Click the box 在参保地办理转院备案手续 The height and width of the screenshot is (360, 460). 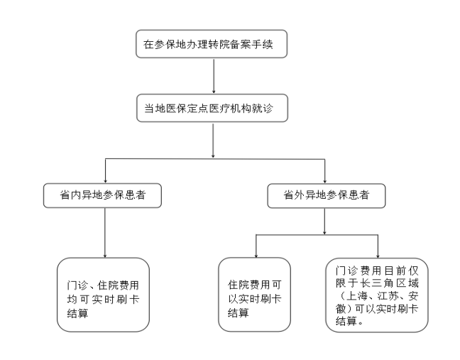[x=212, y=44]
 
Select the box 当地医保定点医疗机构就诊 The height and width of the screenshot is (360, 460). [x=212, y=108]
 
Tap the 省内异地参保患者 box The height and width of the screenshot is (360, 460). [x=102, y=196]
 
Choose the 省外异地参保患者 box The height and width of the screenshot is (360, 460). [x=327, y=196]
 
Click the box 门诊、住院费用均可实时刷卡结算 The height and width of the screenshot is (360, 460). [x=103, y=295]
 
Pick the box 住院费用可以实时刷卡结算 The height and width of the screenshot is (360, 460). [x=254, y=295]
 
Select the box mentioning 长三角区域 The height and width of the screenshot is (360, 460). [x=377, y=295]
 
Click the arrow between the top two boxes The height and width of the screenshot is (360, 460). [x=214, y=76]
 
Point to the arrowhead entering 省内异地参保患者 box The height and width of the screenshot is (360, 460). [x=105, y=181]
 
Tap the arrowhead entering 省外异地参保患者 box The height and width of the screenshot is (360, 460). [x=324, y=181]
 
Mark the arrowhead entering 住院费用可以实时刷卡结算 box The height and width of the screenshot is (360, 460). [x=256, y=256]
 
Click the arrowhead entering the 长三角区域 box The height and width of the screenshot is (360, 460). [x=378, y=256]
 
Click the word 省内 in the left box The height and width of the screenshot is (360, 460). [x=70, y=195]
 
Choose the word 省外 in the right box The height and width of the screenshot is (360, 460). [x=294, y=195]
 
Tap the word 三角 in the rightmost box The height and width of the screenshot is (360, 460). [x=383, y=283]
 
